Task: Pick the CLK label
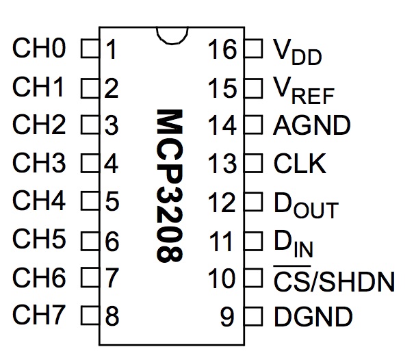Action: pos(300,164)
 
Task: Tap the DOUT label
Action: pos(305,203)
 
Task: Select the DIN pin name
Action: pos(294,242)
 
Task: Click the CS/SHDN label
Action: pos(334,279)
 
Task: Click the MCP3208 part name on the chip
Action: pos(168,185)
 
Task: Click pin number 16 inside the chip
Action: pos(223,50)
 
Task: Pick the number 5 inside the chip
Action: pos(113,203)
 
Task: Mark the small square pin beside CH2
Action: pos(88,126)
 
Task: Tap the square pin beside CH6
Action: pos(88,279)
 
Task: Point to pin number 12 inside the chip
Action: pos(223,203)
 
